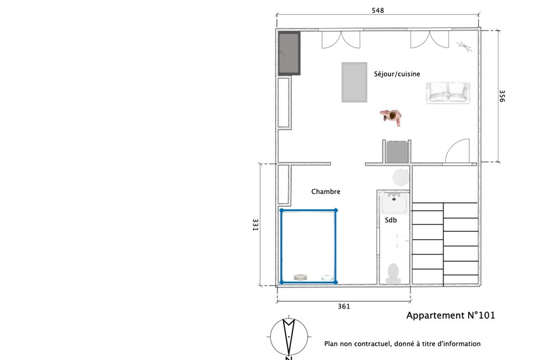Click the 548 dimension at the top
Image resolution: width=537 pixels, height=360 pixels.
(x=378, y=10)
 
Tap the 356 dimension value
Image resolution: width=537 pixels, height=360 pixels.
(x=502, y=96)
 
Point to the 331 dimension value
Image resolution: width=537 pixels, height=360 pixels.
(x=256, y=225)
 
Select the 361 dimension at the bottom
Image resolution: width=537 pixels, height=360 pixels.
(x=344, y=306)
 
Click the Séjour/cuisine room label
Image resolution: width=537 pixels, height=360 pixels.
(x=397, y=74)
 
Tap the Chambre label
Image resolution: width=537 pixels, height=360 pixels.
(x=326, y=191)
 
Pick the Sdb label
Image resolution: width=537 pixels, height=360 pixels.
(x=391, y=220)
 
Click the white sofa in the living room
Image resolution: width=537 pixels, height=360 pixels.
(x=448, y=92)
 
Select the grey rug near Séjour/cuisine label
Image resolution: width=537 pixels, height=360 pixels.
(x=355, y=82)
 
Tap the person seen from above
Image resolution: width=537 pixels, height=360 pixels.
(x=391, y=117)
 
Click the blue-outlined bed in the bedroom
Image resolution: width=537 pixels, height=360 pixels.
(x=308, y=246)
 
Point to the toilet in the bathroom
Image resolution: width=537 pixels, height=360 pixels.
(x=393, y=273)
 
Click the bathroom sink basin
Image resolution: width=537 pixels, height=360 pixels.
(x=394, y=203)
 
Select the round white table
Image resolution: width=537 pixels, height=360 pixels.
(x=401, y=177)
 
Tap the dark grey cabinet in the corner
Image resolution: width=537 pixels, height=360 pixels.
(x=289, y=53)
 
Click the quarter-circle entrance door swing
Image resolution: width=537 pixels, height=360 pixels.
(x=457, y=150)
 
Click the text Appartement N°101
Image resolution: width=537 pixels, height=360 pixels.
(x=451, y=315)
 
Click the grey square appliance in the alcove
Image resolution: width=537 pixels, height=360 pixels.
(x=397, y=152)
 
